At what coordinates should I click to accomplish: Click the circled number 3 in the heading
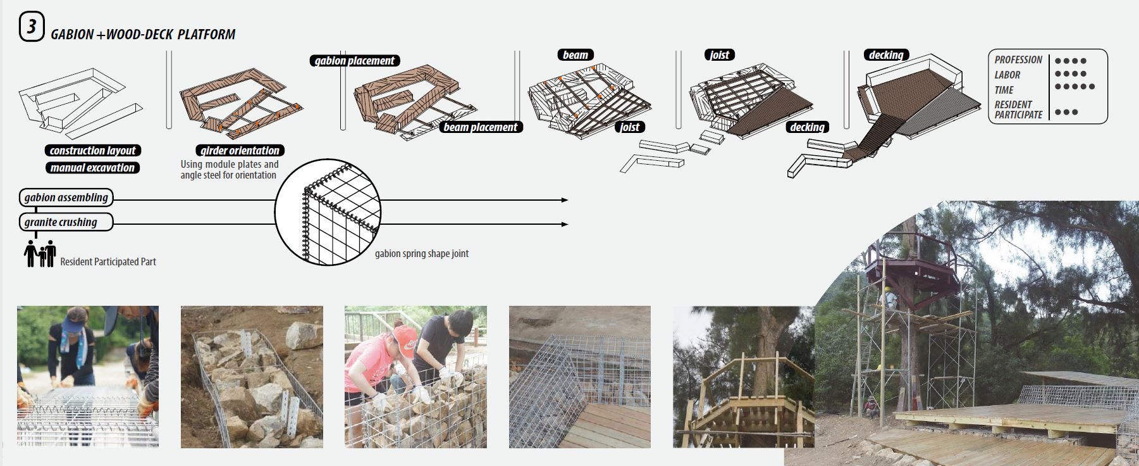pos(31,28)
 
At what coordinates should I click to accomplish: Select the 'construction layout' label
pos(92,151)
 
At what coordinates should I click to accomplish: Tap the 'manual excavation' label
pos(92,168)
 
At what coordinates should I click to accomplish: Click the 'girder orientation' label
pos(240,151)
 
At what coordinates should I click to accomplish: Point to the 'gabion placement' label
pos(354,61)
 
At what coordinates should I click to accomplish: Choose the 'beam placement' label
pos(481,127)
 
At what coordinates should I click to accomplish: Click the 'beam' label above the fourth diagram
pos(575,55)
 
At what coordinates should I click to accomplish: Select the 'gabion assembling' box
pos(66,198)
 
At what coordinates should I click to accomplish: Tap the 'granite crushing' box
pos(66,222)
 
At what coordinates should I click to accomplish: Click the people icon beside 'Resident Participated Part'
pos(40,254)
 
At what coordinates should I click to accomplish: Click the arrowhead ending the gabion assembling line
pos(565,200)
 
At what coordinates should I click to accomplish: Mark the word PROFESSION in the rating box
pos(1018,60)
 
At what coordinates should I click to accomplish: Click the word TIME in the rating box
pos(1004,90)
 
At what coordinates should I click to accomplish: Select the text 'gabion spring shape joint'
pos(421,254)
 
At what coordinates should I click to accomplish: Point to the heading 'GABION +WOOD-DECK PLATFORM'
pos(143,35)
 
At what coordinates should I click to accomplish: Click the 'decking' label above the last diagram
pos(885,55)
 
